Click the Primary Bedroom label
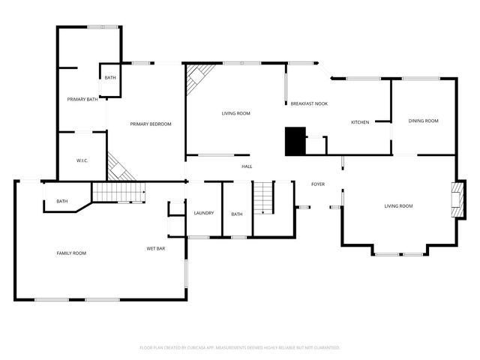pos(151,124)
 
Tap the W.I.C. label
pos(83,160)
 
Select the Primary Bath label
pos(82,100)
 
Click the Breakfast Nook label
pos(309,103)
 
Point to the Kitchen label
pos(360,122)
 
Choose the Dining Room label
pos(423,121)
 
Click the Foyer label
pos(319,184)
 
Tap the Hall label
pos(247,166)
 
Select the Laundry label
pos(204,213)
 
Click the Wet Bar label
pos(156,248)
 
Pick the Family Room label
pos(72,253)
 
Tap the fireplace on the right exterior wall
pos(457,198)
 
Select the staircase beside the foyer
pos(264,198)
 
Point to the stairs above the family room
pos(118,193)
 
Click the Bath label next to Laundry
pos(237,214)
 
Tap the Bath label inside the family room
pos(61,201)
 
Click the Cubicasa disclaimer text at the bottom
pos(240,348)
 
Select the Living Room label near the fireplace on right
pos(399,206)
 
